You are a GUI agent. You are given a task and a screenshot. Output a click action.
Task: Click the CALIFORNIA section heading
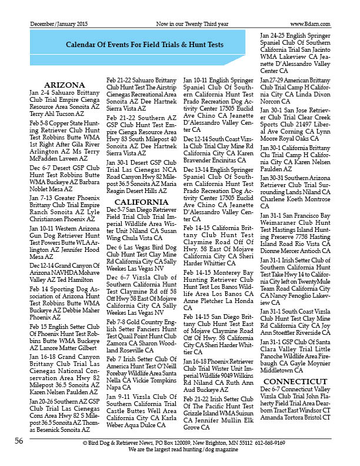coord(141,202)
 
